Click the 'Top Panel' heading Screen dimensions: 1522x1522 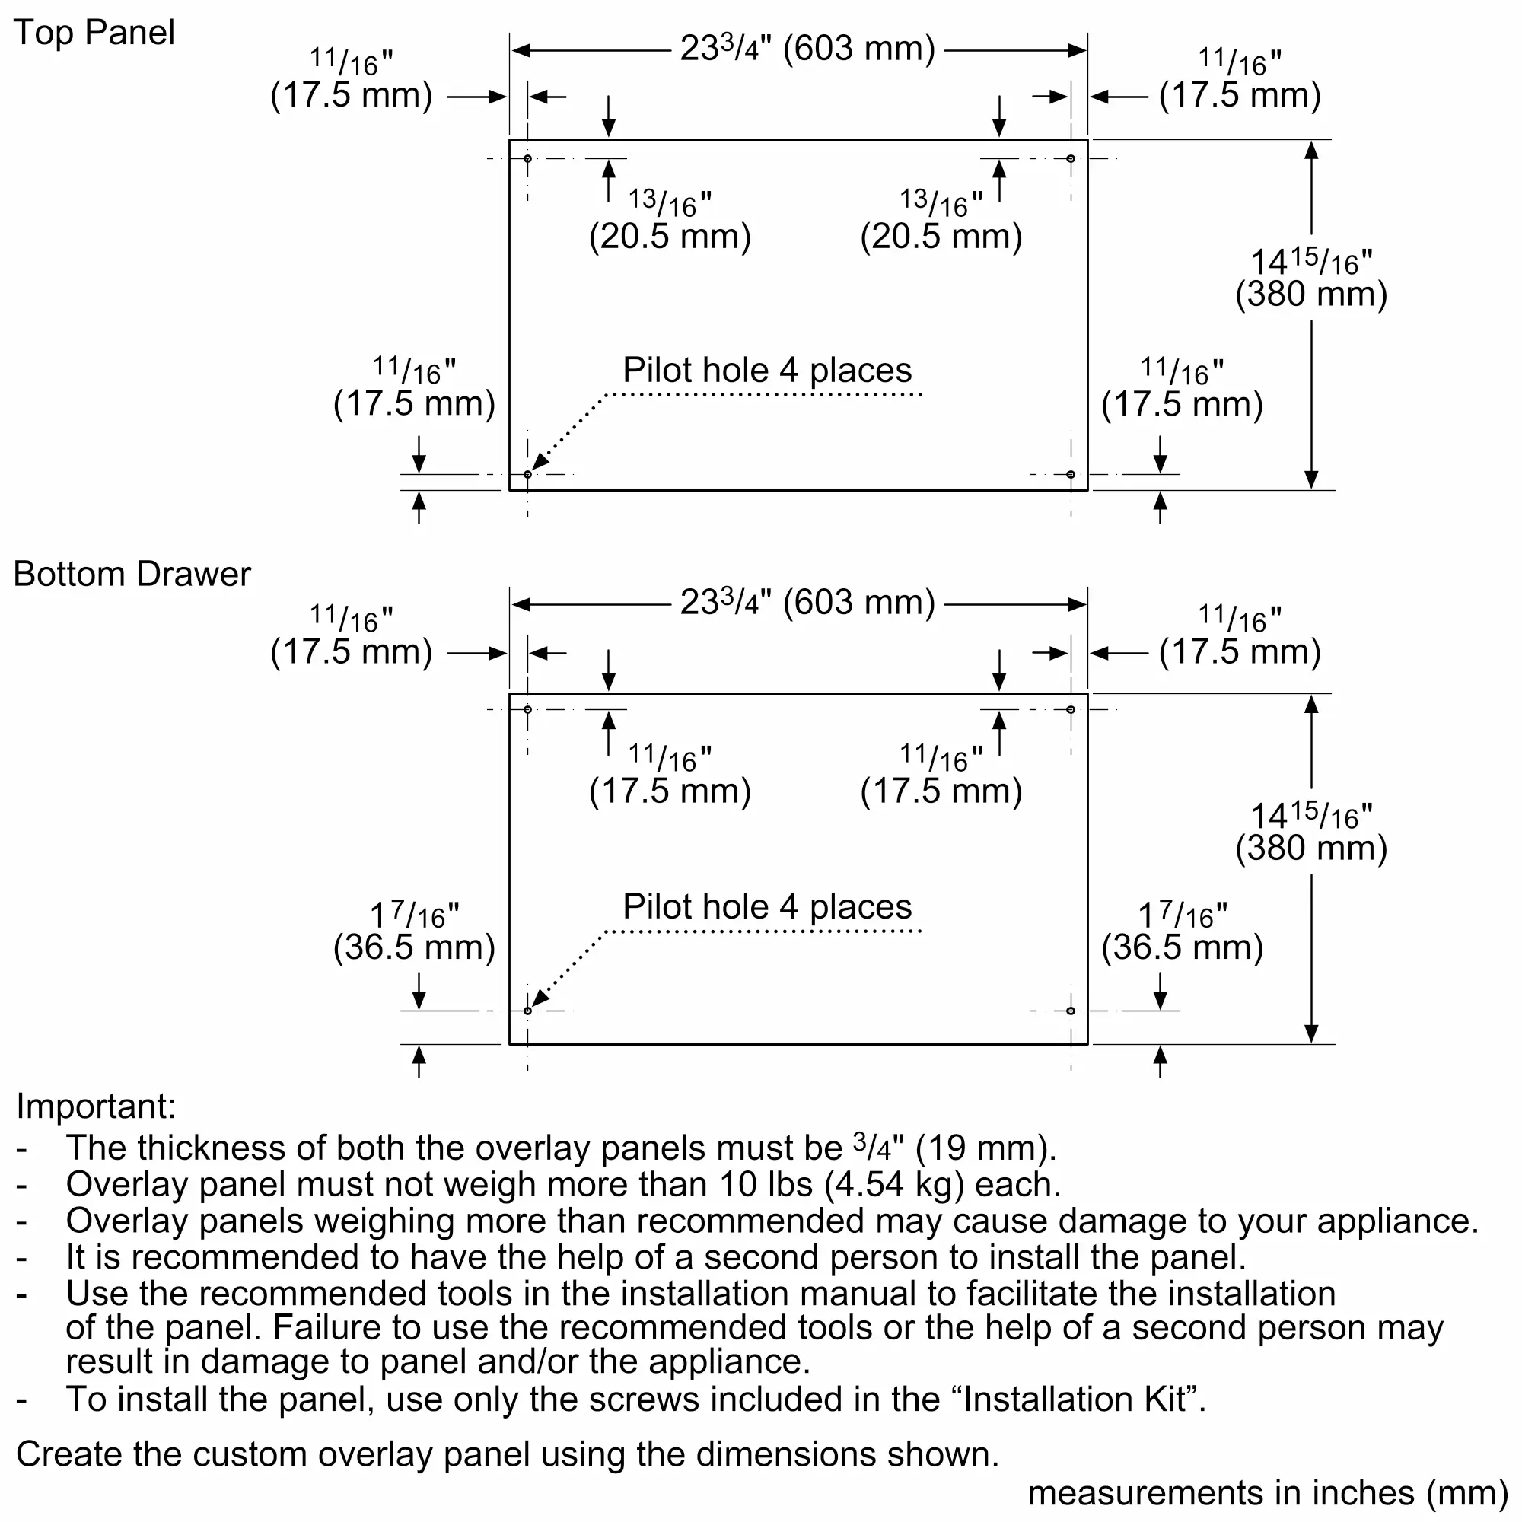pos(94,33)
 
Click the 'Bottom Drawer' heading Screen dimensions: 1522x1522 pos(132,575)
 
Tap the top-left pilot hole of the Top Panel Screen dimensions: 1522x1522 pos(528,159)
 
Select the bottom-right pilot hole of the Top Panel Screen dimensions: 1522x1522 pos(1071,474)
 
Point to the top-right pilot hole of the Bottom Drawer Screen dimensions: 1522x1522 pos(1071,710)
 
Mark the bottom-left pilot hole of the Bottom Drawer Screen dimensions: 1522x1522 pos(528,1011)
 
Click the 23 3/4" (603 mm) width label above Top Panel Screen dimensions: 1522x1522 pos(807,49)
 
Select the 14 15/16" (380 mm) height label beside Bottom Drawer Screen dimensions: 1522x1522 pos(1311,833)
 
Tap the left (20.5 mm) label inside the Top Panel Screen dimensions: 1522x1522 pos(670,237)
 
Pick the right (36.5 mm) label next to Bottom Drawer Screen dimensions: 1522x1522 pos(1182,947)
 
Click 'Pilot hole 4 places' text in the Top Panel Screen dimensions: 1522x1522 pos(767,371)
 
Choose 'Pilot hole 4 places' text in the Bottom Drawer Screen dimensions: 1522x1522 pos(767,907)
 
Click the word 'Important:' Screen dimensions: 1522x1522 pos(96,1106)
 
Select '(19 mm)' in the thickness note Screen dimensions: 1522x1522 pos(985,1148)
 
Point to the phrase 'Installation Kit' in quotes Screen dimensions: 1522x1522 pos(1075,1399)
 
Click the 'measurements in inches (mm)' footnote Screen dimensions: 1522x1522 pos(1268,1493)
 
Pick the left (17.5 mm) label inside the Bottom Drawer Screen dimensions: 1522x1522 pos(670,791)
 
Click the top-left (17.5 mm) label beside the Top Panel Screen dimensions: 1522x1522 pos(352,94)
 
